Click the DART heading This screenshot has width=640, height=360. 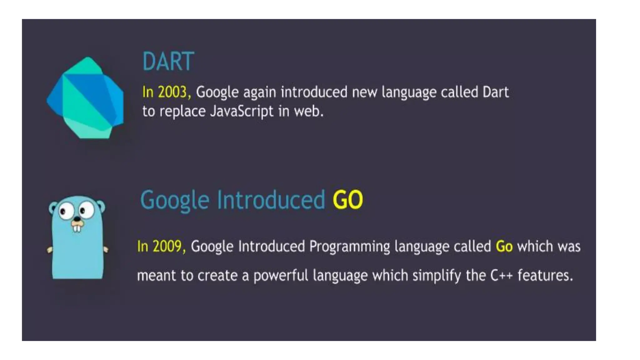click(168, 62)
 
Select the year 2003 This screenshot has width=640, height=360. click(172, 92)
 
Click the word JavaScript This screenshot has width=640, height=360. click(242, 111)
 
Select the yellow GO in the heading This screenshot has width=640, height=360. click(347, 200)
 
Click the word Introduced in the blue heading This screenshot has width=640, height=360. click(271, 200)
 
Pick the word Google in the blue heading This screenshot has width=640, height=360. click(175, 200)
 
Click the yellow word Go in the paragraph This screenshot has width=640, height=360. click(504, 246)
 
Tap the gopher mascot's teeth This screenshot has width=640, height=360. click(77, 228)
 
